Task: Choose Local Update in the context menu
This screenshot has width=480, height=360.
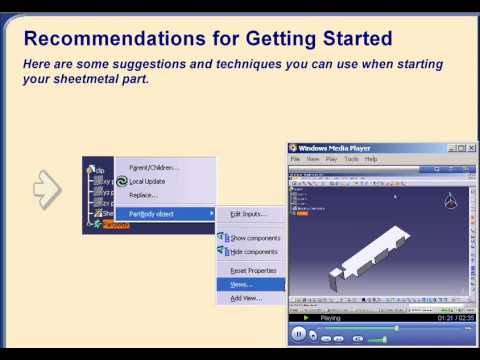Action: tap(151, 181)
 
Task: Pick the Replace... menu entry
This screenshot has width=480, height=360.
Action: tap(143, 195)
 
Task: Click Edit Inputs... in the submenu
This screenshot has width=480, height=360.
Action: tap(249, 214)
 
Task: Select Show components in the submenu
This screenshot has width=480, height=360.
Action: tap(254, 238)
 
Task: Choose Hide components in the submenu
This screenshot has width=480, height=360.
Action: tap(254, 252)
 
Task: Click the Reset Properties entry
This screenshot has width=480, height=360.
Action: tap(253, 271)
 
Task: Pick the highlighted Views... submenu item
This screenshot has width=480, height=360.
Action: tap(242, 285)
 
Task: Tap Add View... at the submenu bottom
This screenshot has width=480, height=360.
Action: tap(246, 298)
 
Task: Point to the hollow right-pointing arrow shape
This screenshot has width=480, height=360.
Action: tap(47, 187)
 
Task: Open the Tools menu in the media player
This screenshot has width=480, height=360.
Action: tap(351, 159)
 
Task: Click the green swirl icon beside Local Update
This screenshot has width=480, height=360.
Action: tap(122, 181)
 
